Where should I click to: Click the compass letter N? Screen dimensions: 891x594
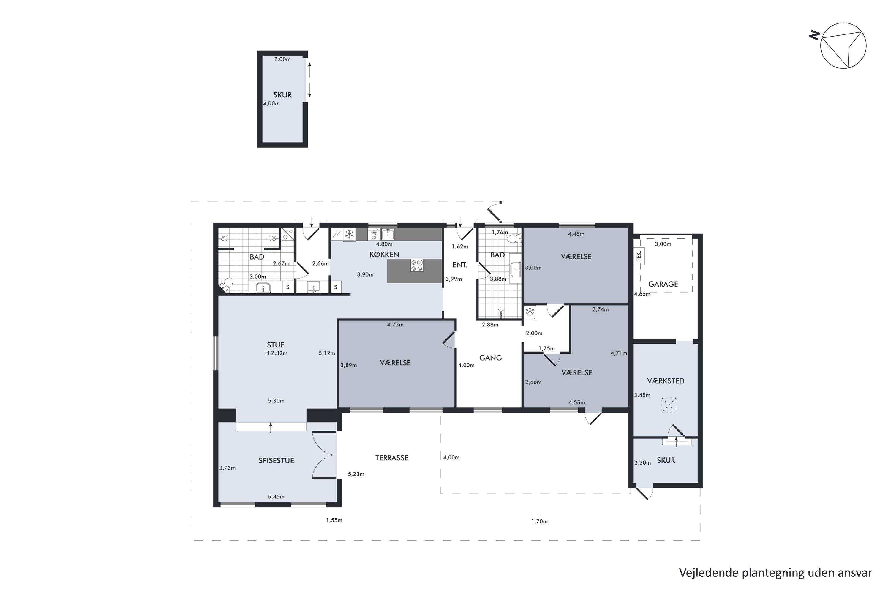coord(814,36)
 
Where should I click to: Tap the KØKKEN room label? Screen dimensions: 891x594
coord(384,255)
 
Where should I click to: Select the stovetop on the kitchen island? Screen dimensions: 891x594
coord(417,265)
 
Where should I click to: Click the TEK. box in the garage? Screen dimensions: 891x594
coord(639,257)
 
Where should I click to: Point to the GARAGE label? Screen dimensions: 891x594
coord(663,284)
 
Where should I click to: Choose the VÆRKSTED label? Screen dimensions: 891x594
coord(666,381)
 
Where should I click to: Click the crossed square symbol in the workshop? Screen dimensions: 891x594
coord(669,405)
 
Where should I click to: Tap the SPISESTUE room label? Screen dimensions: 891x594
coord(276,461)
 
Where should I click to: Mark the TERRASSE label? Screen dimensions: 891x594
coord(392,458)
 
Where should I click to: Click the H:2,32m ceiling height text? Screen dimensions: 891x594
coord(276,353)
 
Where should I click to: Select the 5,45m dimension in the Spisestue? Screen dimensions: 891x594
coord(276,497)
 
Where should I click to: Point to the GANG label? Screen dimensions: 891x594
coord(491,358)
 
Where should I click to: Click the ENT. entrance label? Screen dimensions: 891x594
coord(459,265)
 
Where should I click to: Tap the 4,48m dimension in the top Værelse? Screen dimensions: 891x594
coord(576,234)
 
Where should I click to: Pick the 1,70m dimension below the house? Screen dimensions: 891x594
coord(539,522)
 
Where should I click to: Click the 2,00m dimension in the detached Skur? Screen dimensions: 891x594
coord(283,59)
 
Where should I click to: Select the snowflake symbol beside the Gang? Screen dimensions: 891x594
coord(530,312)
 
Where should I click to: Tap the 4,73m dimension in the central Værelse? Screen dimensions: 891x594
coord(395,325)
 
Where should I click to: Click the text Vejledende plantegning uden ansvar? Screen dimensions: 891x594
coord(775,573)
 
